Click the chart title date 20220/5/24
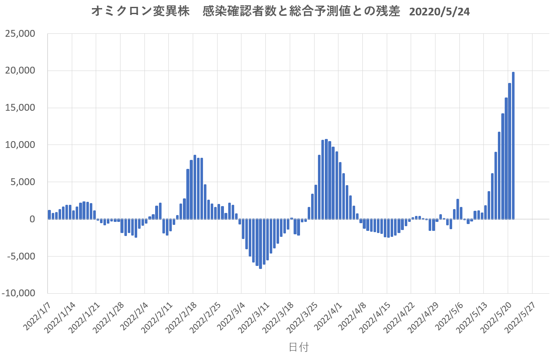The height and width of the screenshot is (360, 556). click(x=439, y=12)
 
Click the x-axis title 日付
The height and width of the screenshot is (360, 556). click(x=298, y=347)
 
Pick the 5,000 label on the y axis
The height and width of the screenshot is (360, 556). click(x=24, y=182)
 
